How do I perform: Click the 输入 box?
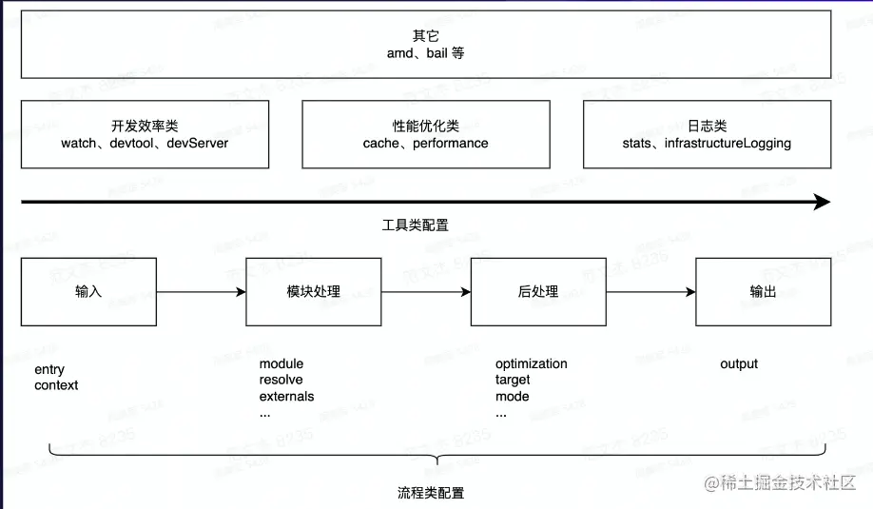[x=88, y=292]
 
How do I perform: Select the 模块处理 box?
[x=313, y=292]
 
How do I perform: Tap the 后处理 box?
[x=538, y=292]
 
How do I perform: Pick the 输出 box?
[x=763, y=292]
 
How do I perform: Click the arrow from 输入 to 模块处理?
[x=201, y=292]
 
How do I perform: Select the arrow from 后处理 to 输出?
[x=650, y=292]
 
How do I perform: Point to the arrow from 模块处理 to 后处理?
[x=426, y=292]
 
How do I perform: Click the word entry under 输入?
[x=49, y=369]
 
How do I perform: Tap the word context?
[x=56, y=385]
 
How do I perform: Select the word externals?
[x=286, y=396]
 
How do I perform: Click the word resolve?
[x=281, y=380]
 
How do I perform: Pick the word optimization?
[x=531, y=363]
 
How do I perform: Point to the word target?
[x=513, y=380]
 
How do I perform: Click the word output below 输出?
[x=739, y=363]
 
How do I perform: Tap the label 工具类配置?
[x=415, y=225]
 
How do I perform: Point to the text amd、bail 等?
[x=425, y=53]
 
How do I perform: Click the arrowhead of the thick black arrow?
[x=822, y=202]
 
